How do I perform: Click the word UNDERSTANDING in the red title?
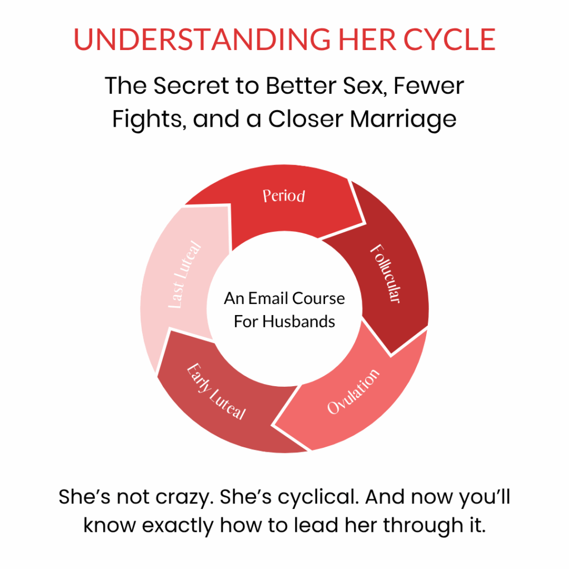click(x=202, y=39)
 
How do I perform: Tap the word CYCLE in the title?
click(x=449, y=39)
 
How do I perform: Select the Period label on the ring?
click(x=284, y=196)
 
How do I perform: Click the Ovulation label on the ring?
click(x=353, y=391)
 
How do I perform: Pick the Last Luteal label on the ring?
click(x=184, y=274)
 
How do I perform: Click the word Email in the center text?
click(x=268, y=298)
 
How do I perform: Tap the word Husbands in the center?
click(x=298, y=322)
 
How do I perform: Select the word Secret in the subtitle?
click(x=191, y=86)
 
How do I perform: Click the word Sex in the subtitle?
click(x=365, y=86)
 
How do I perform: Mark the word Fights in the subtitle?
click(x=149, y=119)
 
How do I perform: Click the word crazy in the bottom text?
click(x=184, y=497)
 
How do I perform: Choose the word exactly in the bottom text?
click(x=177, y=526)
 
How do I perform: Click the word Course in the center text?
click(x=318, y=298)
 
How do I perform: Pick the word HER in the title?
click(x=367, y=39)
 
